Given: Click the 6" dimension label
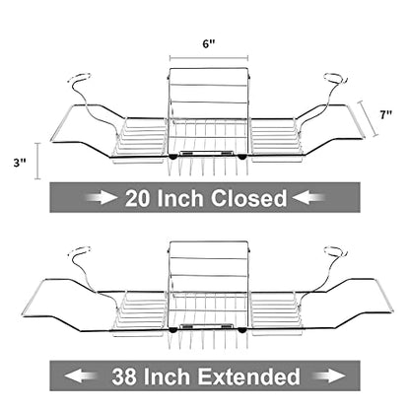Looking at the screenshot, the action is point(209,44).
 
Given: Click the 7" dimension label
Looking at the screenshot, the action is point(386,115).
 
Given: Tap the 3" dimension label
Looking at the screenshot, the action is point(20,163).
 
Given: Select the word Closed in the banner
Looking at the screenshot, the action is point(248,198).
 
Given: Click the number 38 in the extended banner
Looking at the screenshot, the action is point(124,376).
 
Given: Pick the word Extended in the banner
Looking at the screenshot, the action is point(248,376).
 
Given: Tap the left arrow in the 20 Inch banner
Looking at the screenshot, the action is point(102,198).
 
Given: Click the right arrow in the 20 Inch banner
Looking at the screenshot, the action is point(308,198).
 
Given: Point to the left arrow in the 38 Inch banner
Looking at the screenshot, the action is point(81,376).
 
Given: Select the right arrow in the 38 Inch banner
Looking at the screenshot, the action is point(329,376).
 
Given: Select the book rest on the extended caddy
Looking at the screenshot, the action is point(209,268).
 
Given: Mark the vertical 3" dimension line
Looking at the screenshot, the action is point(37,161).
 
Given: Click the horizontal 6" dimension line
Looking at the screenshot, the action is point(209,58).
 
